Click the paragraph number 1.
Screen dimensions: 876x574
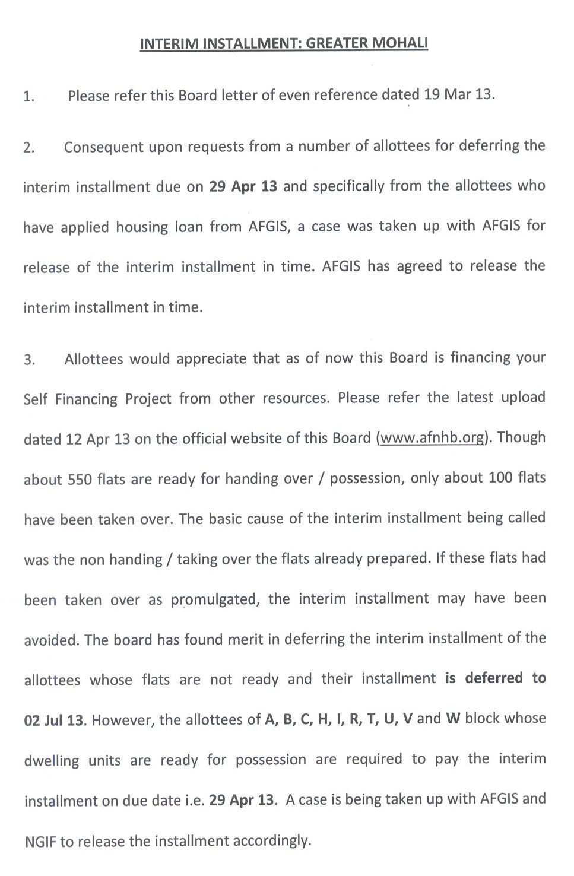pyautogui.click(x=28, y=97)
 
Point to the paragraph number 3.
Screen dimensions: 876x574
pyautogui.click(x=29, y=360)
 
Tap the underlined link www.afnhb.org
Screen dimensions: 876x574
pyautogui.click(x=432, y=438)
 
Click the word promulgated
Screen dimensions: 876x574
pyautogui.click(x=214, y=600)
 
